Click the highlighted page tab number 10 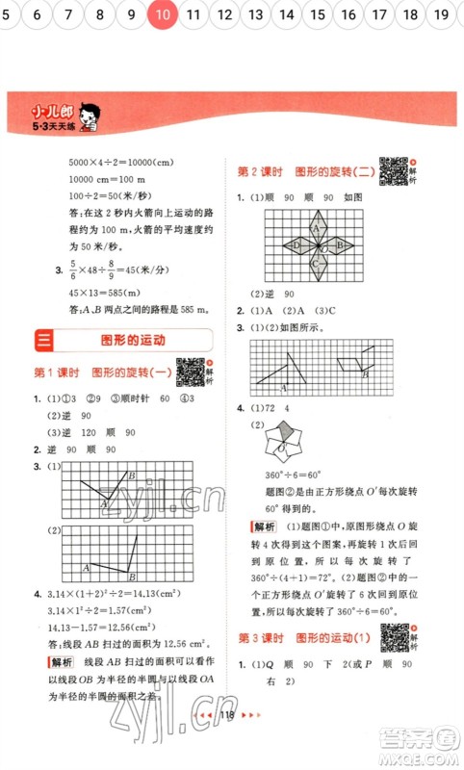click(163, 14)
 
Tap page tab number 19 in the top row click(441, 14)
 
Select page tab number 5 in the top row click(12, 14)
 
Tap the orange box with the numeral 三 click(44, 341)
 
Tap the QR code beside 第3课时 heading click(392, 639)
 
